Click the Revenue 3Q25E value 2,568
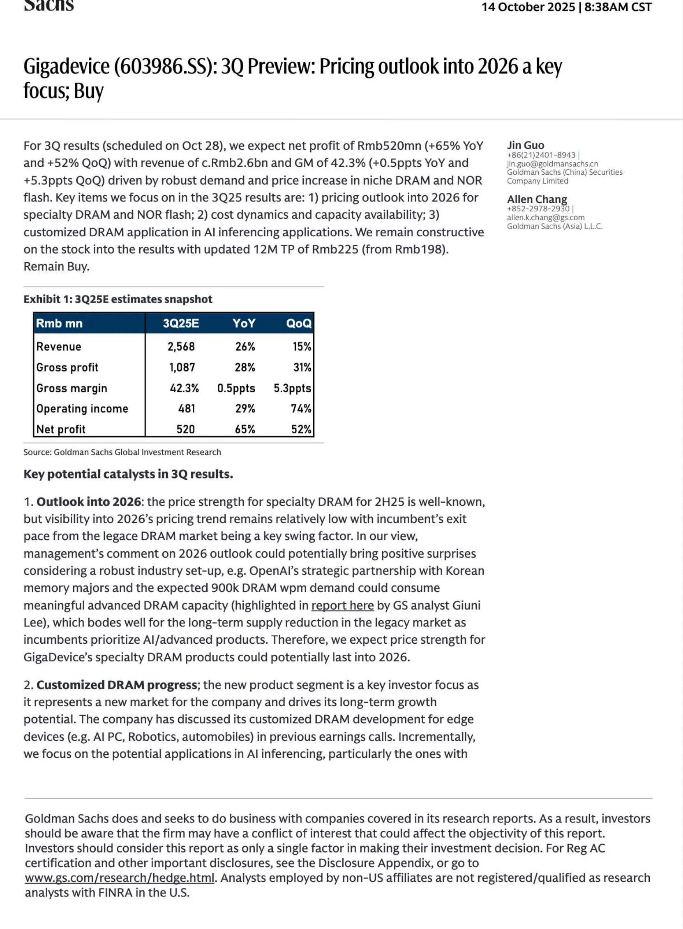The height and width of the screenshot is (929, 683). tap(181, 347)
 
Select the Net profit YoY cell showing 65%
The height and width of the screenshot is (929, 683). tap(245, 429)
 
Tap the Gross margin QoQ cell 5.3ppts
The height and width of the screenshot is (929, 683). tap(292, 388)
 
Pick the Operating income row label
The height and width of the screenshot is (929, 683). tap(82, 409)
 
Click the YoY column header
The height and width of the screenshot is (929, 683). tap(244, 324)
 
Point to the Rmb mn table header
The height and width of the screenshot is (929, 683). tap(59, 324)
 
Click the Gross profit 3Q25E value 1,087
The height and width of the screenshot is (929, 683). tap(182, 367)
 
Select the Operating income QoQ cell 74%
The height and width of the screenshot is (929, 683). tap(300, 409)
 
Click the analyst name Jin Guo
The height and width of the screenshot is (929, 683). tap(526, 145)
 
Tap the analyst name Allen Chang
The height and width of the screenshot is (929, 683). tap(537, 199)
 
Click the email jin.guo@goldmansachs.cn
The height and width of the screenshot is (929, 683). tap(552, 164)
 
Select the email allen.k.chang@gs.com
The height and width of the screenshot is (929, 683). tap(546, 217)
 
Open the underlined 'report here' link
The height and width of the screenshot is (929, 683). tap(342, 605)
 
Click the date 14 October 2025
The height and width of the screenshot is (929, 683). tap(528, 7)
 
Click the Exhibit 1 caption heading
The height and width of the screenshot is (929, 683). tap(118, 299)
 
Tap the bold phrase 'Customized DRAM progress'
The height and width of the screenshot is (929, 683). tap(117, 685)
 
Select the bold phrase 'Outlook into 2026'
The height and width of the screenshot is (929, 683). tap(88, 502)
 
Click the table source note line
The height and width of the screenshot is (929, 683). tap(122, 452)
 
